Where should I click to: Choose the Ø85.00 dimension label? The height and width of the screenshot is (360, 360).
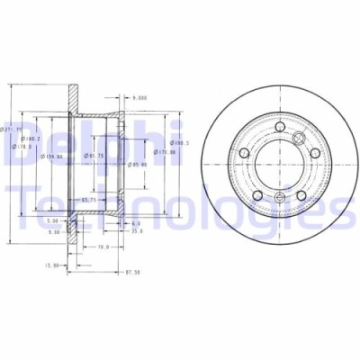pos(136,165)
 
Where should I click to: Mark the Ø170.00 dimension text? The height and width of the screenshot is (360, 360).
pos(165,152)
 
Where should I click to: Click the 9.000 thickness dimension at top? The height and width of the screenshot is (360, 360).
pos(139,96)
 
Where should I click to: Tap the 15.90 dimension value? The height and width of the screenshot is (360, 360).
pos(53,264)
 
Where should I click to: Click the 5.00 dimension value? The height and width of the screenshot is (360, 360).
pos(53,220)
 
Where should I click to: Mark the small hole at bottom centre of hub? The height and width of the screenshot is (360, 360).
pos(279,198)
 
